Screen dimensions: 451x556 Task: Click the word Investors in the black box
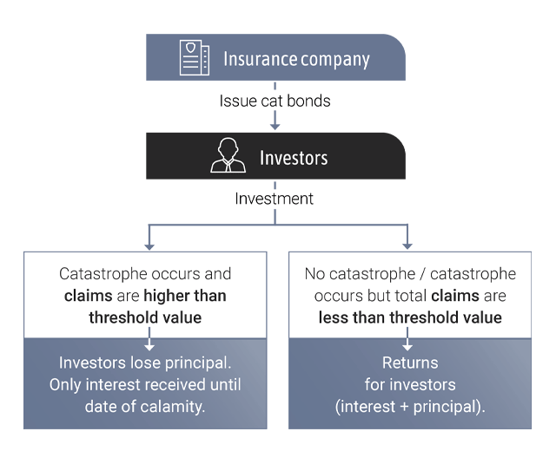coord(294,158)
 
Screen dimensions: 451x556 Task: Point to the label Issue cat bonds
coord(275,101)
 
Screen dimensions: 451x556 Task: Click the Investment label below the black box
coord(275,199)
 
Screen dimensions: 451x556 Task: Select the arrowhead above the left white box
coord(149,245)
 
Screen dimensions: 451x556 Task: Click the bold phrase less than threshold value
coord(410,317)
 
